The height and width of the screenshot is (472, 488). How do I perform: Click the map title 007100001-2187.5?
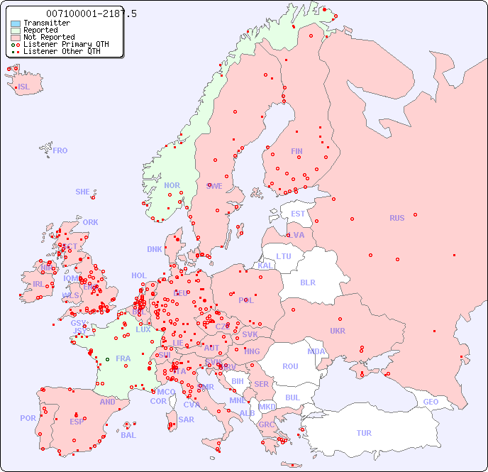tap(91, 13)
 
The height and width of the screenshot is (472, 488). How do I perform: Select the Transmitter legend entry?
tap(46, 23)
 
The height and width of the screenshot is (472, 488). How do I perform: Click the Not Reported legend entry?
tap(48, 37)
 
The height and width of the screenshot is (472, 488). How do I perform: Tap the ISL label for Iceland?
tap(24, 87)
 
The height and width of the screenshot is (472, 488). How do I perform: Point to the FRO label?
tap(60, 150)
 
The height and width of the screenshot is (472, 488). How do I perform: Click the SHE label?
tap(83, 192)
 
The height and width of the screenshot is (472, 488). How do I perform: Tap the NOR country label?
tap(172, 185)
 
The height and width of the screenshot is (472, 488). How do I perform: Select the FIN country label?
tap(296, 151)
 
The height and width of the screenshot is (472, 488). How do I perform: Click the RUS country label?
tap(396, 218)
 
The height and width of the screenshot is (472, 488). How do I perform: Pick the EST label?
tap(298, 214)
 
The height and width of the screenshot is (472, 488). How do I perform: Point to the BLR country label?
tap(307, 282)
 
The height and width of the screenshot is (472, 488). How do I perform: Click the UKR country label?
tap(338, 331)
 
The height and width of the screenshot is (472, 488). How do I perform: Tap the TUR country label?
tap(364, 433)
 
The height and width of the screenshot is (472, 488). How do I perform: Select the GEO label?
tap(431, 402)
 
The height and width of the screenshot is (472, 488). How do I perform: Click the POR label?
tap(28, 418)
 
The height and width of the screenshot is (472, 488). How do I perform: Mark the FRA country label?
tap(123, 358)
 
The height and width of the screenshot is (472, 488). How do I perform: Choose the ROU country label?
tap(290, 366)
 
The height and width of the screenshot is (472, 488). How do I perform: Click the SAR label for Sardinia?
tap(187, 419)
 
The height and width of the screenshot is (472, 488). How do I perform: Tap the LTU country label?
tap(284, 256)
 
